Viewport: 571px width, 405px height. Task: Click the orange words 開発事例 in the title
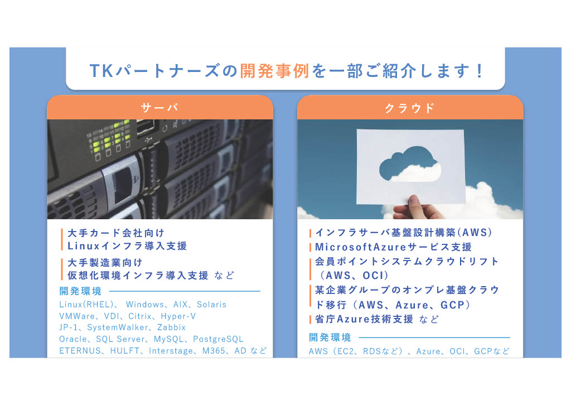pos(274,71)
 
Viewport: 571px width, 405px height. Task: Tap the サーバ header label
pos(159,108)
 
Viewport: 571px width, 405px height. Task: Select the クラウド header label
pos(410,108)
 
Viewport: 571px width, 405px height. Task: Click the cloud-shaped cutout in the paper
pos(410,164)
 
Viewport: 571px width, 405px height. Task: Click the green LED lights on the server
pos(109,137)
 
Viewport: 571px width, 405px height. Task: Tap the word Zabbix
pos(172,327)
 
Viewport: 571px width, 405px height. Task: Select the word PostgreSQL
pos(218,339)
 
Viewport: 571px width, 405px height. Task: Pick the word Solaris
pos(211,305)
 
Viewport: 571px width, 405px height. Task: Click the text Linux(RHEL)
pos(86,305)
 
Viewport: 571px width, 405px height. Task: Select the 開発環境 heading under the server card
pos(80,291)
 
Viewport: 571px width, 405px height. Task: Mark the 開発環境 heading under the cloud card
pos(330,337)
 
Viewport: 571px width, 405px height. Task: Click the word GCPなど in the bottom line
pos(492,351)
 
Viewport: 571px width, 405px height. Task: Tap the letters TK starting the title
pos(101,71)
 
